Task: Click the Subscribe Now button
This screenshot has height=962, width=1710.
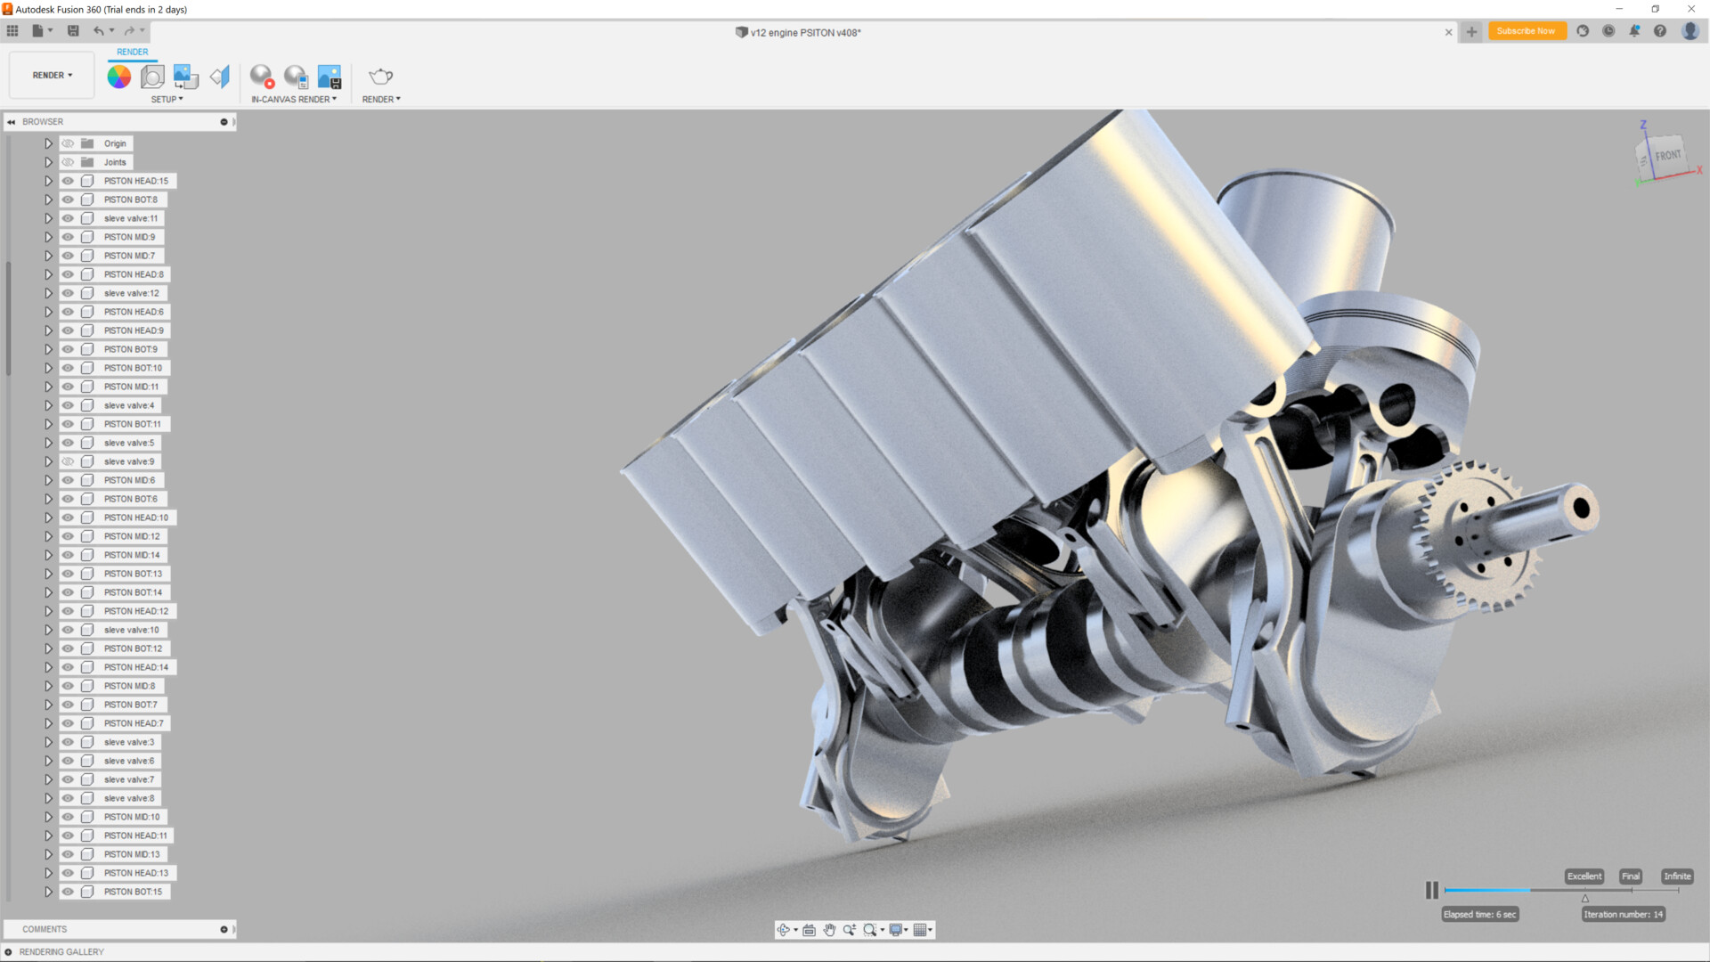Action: [1526, 31]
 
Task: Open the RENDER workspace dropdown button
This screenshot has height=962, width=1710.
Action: [52, 76]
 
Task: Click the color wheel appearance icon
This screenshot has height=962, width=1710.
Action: [118, 77]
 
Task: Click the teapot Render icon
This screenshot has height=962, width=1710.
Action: [380, 77]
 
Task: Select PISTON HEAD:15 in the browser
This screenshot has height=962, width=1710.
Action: [135, 181]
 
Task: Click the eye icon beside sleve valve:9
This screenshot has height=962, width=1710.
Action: [68, 461]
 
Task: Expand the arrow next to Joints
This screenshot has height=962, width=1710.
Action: [49, 162]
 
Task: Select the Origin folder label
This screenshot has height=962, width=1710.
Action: [115, 143]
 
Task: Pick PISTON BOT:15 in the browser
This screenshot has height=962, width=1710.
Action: [133, 892]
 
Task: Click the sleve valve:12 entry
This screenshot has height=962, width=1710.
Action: [131, 293]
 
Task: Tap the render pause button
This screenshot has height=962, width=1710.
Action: [1431, 890]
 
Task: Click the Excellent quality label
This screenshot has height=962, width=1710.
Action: [1584, 876]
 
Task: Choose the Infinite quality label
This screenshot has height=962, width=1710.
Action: [1676, 876]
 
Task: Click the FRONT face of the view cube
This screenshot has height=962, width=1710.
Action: [1666, 156]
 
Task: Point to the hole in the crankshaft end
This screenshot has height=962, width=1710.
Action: [1582, 509]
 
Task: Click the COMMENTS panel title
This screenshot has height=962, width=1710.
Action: [45, 929]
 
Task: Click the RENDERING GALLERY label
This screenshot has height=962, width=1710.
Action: [61, 952]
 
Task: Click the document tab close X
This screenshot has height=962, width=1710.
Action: [1448, 32]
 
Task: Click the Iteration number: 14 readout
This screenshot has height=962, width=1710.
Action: [1623, 915]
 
